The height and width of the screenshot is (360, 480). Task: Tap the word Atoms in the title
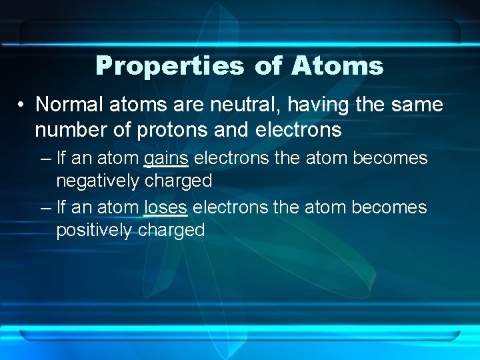click(337, 66)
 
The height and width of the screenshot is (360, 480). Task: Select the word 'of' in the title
click(268, 66)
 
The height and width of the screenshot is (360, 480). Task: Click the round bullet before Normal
click(22, 105)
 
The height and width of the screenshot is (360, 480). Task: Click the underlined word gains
click(165, 159)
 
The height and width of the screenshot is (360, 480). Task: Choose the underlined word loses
click(165, 208)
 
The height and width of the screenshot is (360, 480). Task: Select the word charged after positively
click(171, 230)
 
